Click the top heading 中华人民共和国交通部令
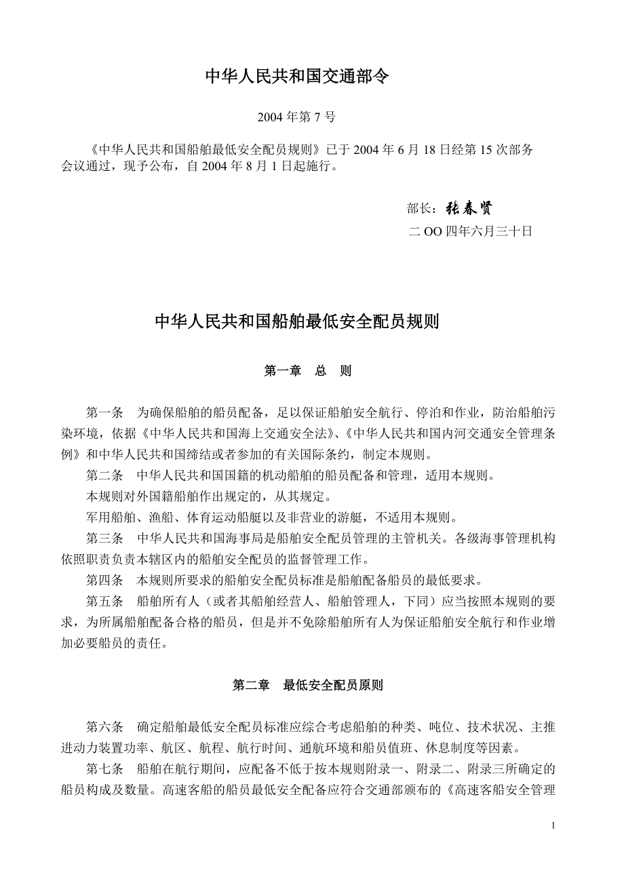tap(297, 77)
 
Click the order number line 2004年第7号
tap(296, 117)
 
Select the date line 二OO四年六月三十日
tap(471, 231)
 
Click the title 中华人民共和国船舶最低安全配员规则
tap(297, 321)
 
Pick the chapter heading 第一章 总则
tap(307, 372)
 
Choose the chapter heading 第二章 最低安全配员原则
tap(307, 685)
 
